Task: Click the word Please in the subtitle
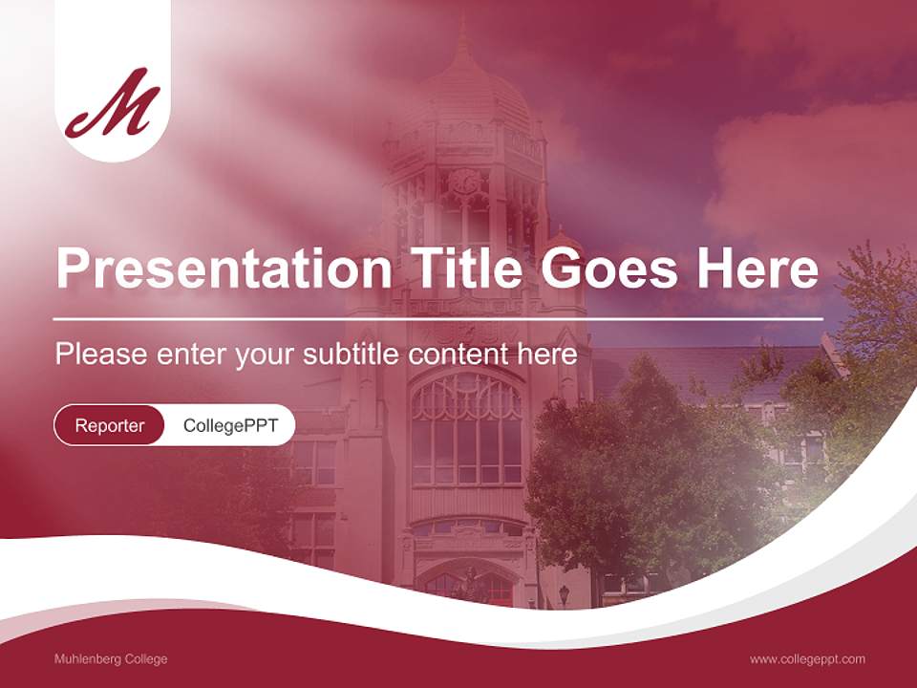[101, 355]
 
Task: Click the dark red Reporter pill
[110, 425]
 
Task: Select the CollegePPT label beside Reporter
[230, 425]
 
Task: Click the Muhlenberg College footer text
[111, 659]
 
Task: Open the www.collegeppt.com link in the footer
[807, 659]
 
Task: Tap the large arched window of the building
[466, 430]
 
